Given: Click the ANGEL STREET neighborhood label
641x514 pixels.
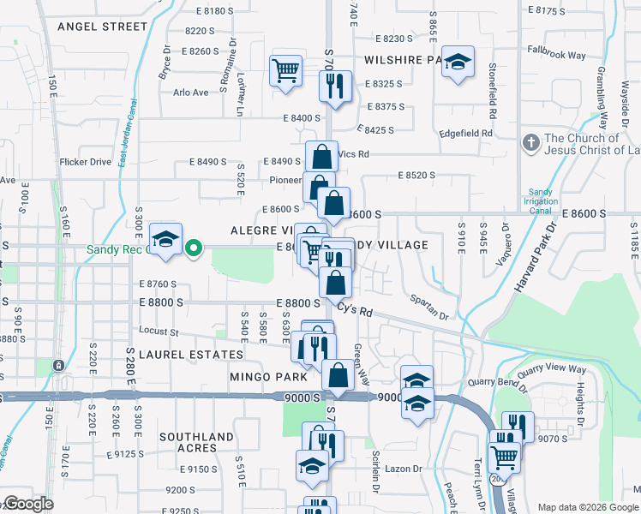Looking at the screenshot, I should tap(103, 27).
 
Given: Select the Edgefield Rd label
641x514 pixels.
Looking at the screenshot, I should tap(466, 134).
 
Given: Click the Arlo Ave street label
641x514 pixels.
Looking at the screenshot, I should tap(190, 93).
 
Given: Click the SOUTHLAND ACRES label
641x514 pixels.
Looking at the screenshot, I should tap(196, 443).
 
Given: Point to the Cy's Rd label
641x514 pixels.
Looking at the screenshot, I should tap(357, 309).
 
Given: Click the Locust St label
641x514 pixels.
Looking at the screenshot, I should tap(159, 332).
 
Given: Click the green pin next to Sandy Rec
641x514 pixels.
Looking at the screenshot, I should tap(195, 249).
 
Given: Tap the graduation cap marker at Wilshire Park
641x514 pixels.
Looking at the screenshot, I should tap(458, 62).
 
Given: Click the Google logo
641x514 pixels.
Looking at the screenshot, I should tap(28, 504).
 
